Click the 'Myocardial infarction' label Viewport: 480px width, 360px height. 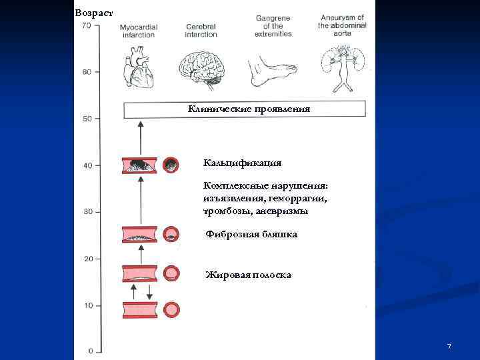click(138, 30)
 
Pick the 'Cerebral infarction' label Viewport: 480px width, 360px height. click(201, 30)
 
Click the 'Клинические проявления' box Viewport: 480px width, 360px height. click(245, 109)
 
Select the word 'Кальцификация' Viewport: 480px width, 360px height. click(242, 163)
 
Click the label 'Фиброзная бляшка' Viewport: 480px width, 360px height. click(251, 235)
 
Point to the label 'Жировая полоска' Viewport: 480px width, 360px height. click(248, 275)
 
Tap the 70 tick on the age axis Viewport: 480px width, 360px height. click(87, 25)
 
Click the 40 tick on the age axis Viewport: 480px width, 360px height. click(87, 165)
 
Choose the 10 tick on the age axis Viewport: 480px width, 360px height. click(87, 305)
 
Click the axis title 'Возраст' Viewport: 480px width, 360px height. click(94, 13)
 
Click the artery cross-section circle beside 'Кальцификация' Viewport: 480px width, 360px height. click(171, 164)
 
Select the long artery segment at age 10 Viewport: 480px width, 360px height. click(139, 310)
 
